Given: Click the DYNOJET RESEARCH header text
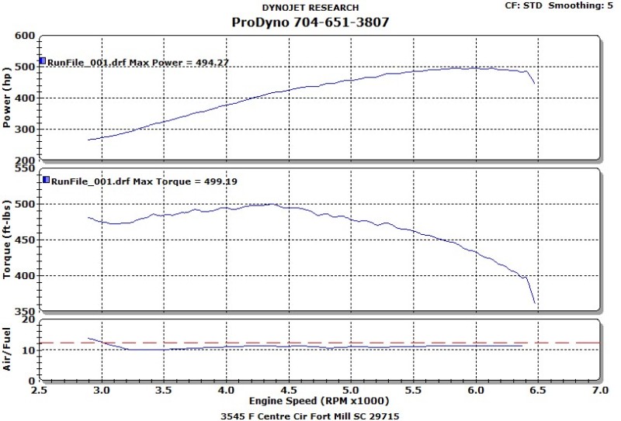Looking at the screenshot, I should [310, 8].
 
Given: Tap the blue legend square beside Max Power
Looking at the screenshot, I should [43, 60].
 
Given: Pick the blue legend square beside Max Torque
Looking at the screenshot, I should [46, 180].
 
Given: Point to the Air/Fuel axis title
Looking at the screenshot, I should [8, 350].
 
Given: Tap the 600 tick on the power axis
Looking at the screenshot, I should [26, 36].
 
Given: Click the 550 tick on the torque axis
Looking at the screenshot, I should [26, 168].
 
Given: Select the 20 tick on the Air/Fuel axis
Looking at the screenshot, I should [29, 319].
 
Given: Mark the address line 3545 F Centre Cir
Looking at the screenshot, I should [310, 415].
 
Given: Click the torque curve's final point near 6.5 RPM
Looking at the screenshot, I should [535, 303].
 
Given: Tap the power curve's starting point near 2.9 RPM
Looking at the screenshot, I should [88, 140].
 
